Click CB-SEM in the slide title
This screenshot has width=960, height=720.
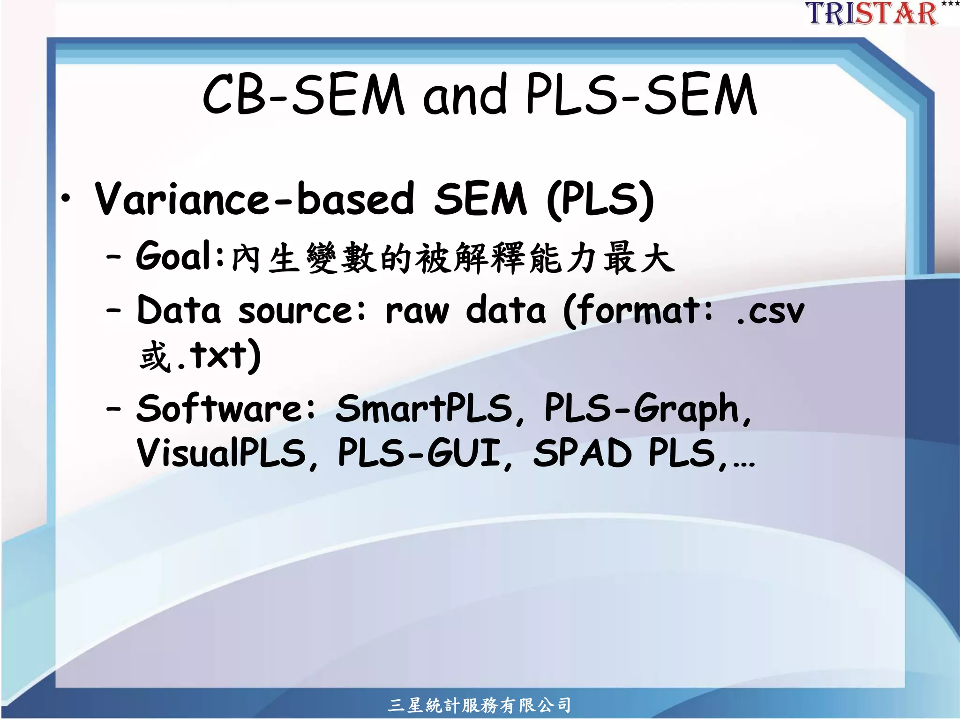click(x=303, y=95)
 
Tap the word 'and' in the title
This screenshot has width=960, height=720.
click(x=465, y=95)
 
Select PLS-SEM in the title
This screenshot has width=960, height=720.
click(x=641, y=95)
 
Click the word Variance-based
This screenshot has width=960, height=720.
click(x=255, y=199)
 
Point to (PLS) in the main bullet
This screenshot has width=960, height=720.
click(x=600, y=200)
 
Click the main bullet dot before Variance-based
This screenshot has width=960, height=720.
click(x=67, y=199)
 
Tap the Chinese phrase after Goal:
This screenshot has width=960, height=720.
click(x=453, y=258)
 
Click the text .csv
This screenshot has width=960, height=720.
click(x=769, y=311)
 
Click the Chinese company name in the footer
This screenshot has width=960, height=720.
click(x=480, y=705)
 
